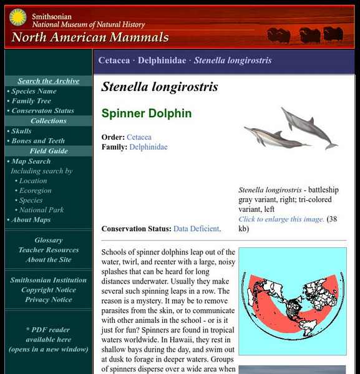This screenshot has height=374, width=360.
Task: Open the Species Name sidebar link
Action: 34,91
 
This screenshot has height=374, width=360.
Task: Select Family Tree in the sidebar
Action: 31,101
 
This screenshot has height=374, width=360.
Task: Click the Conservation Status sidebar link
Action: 42,111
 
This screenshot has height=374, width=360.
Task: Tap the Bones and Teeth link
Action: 39,141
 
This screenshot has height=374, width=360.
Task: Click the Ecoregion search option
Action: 35,191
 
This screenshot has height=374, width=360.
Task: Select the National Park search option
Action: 43,210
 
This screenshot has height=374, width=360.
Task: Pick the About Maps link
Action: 31,219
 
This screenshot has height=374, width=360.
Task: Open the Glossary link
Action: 49,240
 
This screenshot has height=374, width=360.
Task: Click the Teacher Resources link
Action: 49,250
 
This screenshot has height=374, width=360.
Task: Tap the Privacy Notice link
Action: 49,300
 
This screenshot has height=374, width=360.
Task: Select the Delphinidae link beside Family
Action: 148,147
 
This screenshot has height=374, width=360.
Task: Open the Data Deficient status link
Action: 196,229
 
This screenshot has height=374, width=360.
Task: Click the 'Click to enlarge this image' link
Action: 281,219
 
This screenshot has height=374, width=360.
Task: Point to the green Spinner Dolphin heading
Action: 147,113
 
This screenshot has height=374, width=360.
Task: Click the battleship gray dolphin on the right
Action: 309,126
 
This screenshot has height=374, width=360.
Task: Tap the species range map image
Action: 293,302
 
